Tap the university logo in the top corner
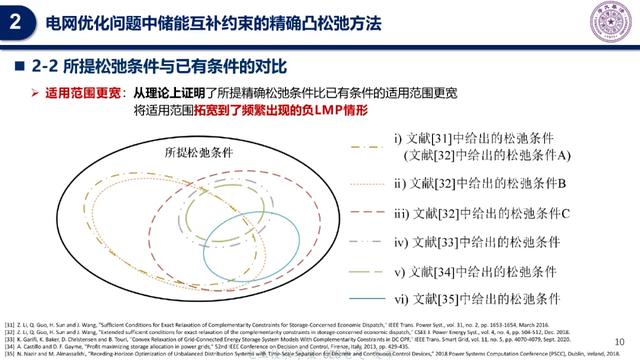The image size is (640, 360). [x=609, y=23]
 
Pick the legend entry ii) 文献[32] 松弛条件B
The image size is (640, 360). [x=480, y=184]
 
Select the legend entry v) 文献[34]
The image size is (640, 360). [x=474, y=271]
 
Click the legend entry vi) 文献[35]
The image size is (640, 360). [x=474, y=300]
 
